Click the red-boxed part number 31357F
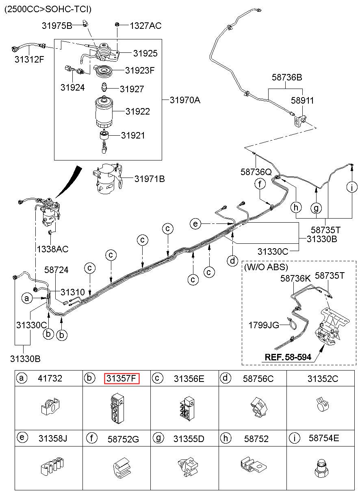pyautogui.click(x=121, y=378)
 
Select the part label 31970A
pyautogui.click(x=185, y=100)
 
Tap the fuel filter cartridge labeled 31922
pyautogui.click(x=104, y=112)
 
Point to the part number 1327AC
pyautogui.click(x=145, y=26)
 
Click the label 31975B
pyautogui.click(x=57, y=26)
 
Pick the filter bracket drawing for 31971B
pyautogui.click(x=107, y=178)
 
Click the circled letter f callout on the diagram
pyautogui.click(x=260, y=184)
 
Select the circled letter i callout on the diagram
pyautogui.click(x=352, y=187)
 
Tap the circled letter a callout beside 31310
pyautogui.click(x=27, y=298)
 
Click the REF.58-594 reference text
pyautogui.click(x=288, y=357)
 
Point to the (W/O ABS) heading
pyautogui.click(x=266, y=267)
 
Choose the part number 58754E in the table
pyautogui.click(x=324, y=438)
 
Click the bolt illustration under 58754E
pyautogui.click(x=321, y=466)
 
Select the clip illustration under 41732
pyautogui.click(x=50, y=406)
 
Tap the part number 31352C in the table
pyautogui.click(x=323, y=379)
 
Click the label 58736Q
pyautogui.click(x=256, y=172)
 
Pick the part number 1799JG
pyautogui.click(x=264, y=325)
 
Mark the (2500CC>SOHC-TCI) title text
pyautogui.click(x=48, y=9)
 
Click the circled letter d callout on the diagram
pyautogui.click(x=232, y=261)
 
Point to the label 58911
pyautogui.click(x=302, y=100)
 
